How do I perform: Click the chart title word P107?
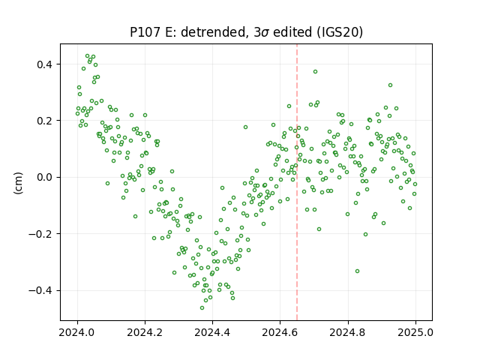[145, 32]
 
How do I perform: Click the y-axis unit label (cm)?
[18, 183]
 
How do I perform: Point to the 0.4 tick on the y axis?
[45, 64]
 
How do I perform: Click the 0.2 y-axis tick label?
[45, 121]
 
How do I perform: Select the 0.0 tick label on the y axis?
[45, 177]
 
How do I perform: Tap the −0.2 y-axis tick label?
[41, 234]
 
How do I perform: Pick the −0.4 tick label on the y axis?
[41, 290]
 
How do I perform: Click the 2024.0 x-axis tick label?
[77, 332]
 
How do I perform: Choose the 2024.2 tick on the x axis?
[145, 332]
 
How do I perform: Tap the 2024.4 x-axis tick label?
[212, 332]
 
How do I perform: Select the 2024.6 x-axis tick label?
[280, 332]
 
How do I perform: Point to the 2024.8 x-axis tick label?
[348, 332]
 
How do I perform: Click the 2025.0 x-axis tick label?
[415, 332]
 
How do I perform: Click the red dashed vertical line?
[297, 182]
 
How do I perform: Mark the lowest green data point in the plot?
[202, 307]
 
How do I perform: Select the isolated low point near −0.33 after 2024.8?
[357, 271]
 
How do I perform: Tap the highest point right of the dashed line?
[315, 72]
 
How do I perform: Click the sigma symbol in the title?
[265, 33]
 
